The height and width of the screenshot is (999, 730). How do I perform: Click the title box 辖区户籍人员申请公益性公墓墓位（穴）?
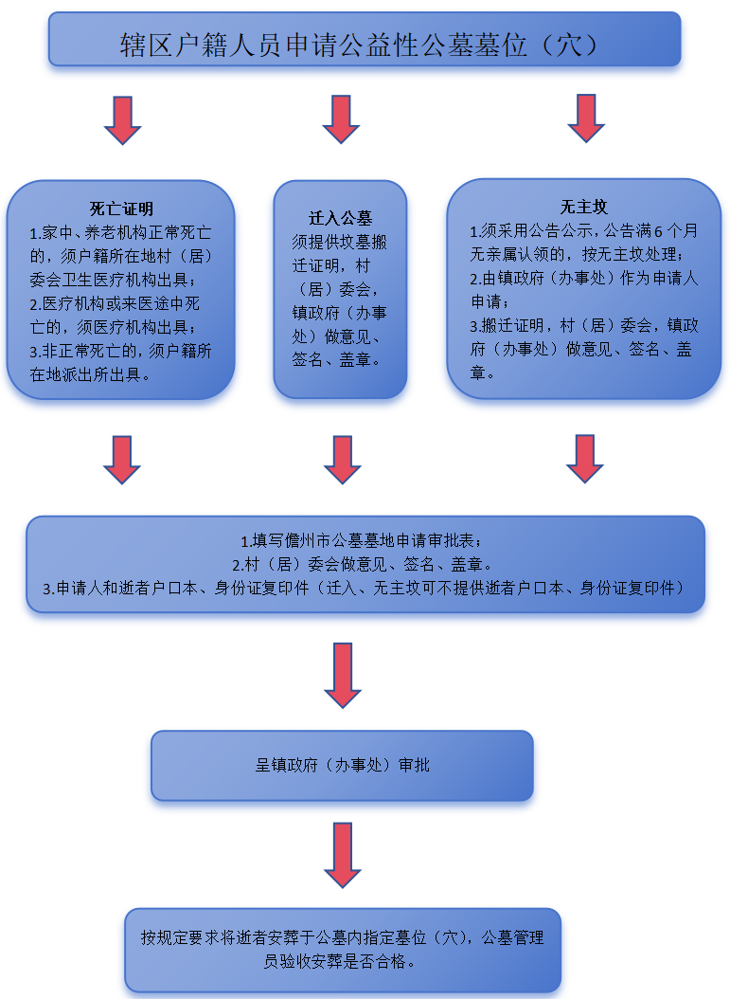[x=365, y=39]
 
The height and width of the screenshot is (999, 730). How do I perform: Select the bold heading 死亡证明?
[x=121, y=209]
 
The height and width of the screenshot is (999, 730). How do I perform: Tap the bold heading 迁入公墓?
[x=340, y=219]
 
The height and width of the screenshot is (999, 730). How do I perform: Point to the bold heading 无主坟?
[x=583, y=207]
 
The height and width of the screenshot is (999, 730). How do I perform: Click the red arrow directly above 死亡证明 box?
[x=122, y=120]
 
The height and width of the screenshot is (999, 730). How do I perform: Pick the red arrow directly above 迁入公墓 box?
[x=341, y=119]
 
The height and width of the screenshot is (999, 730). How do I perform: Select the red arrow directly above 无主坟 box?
[x=585, y=118]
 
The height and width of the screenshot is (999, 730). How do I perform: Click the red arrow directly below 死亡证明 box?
[x=121, y=460]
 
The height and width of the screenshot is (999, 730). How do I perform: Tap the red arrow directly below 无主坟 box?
[x=584, y=459]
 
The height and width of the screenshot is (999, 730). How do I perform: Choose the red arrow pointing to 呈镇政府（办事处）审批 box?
[x=343, y=676]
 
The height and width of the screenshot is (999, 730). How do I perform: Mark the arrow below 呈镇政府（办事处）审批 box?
[x=343, y=855]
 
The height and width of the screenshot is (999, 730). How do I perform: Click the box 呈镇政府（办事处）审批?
[x=342, y=765]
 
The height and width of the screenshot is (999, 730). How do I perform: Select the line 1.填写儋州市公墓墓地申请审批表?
[x=361, y=541]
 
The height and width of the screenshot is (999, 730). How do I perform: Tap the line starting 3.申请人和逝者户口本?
[x=364, y=588]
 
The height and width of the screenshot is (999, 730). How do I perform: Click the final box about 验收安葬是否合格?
[x=343, y=950]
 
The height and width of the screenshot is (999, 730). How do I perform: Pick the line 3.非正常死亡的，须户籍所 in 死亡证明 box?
[x=120, y=351]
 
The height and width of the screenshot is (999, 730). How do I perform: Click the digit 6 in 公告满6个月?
[x=659, y=231]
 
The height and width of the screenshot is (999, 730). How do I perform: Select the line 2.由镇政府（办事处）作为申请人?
[x=583, y=279]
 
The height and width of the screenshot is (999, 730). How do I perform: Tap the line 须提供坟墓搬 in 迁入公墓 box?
[x=339, y=242]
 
